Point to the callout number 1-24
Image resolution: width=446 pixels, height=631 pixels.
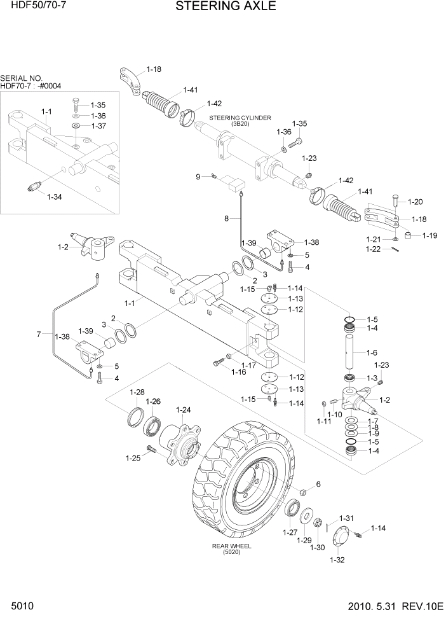(183, 410)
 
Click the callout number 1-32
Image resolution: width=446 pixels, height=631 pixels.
(337, 560)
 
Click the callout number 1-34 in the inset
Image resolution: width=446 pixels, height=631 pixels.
(55, 197)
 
